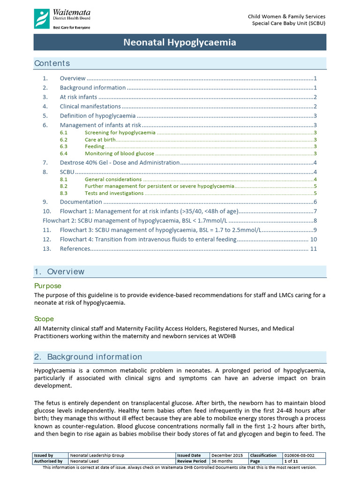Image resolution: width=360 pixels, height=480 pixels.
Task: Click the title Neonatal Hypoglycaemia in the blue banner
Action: coord(180,43)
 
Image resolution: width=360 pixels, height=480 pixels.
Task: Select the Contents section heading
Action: coord(52,63)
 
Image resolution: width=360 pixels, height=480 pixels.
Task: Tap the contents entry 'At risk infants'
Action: coord(78,97)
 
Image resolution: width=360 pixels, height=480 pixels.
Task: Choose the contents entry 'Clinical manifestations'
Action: coord(90,106)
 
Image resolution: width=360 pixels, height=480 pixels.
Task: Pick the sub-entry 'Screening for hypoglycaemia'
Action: coord(120,133)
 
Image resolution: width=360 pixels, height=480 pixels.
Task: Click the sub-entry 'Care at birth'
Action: coord(99,140)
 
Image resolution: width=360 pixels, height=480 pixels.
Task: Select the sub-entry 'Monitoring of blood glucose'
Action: coord(119,153)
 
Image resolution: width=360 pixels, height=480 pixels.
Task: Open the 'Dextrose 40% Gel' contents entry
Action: coord(120,163)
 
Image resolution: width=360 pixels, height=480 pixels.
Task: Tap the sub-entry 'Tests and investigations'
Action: coord(114,193)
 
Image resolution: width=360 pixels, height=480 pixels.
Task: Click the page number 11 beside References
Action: coord(314,248)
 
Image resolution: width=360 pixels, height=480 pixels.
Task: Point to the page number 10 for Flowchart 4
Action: coord(314,240)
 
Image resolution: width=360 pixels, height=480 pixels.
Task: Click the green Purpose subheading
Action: coord(48,285)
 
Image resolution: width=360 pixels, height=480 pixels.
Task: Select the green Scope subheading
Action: coord(44,319)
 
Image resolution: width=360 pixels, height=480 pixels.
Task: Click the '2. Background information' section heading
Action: coord(88,357)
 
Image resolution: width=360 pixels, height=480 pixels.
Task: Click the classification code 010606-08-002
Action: coord(300,455)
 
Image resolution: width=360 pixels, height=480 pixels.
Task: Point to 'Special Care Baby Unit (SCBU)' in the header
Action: coord(289,23)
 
